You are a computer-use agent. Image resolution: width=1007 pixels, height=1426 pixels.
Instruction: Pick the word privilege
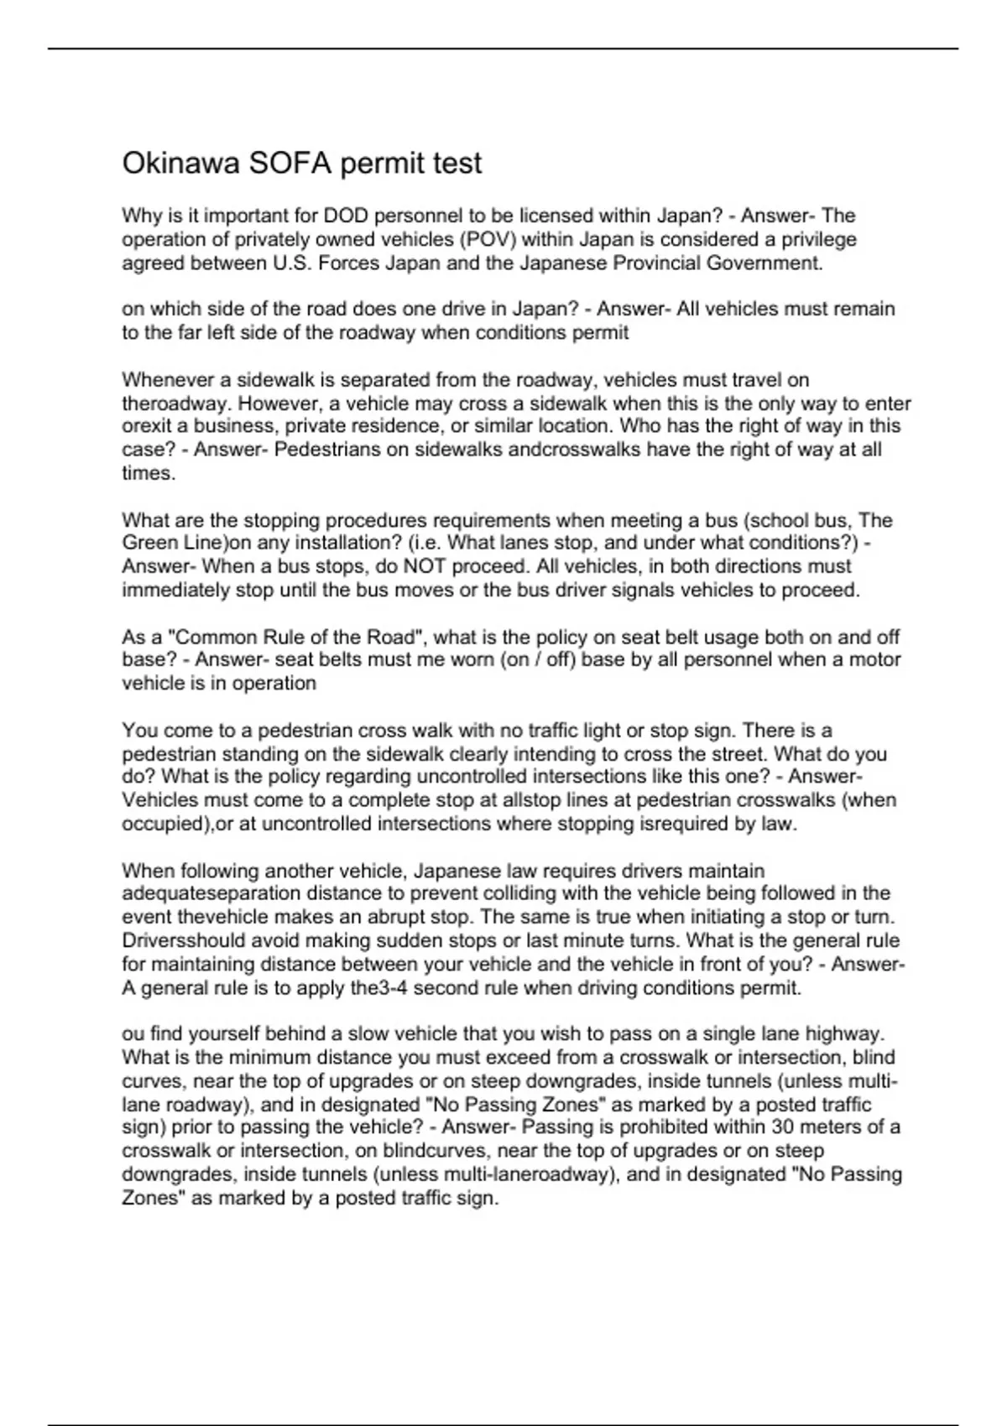pyautogui.click(x=819, y=239)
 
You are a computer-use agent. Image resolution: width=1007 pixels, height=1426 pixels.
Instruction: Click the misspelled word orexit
pyautogui.click(x=146, y=426)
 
